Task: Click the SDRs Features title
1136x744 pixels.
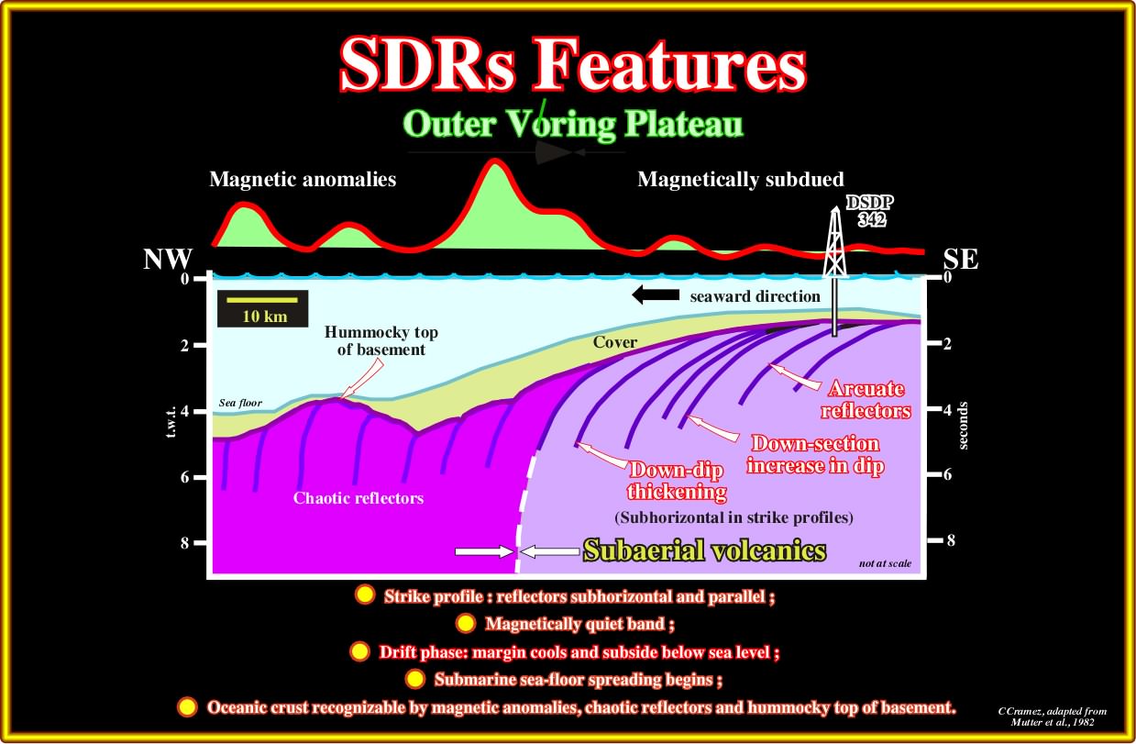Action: coord(573,64)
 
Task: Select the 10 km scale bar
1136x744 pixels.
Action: coord(262,300)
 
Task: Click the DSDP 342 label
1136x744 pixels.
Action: coord(870,211)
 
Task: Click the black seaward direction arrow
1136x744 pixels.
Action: coord(656,294)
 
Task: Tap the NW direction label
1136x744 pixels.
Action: coord(168,260)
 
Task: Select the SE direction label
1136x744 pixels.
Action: coord(961,260)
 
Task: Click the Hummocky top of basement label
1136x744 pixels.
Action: coord(381,340)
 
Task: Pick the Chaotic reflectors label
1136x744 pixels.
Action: coord(358,498)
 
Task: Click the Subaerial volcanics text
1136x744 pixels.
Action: coord(704,550)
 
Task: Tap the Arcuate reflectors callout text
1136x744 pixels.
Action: coord(866,399)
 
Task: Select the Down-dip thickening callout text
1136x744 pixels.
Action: coord(677,481)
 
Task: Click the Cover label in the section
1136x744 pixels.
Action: coord(614,342)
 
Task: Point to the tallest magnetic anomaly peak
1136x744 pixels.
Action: coord(493,161)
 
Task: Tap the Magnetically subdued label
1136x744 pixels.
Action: coord(741,179)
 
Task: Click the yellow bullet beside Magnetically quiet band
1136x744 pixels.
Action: coord(466,623)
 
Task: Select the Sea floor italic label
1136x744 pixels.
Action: coord(240,403)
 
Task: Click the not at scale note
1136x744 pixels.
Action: coord(885,563)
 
